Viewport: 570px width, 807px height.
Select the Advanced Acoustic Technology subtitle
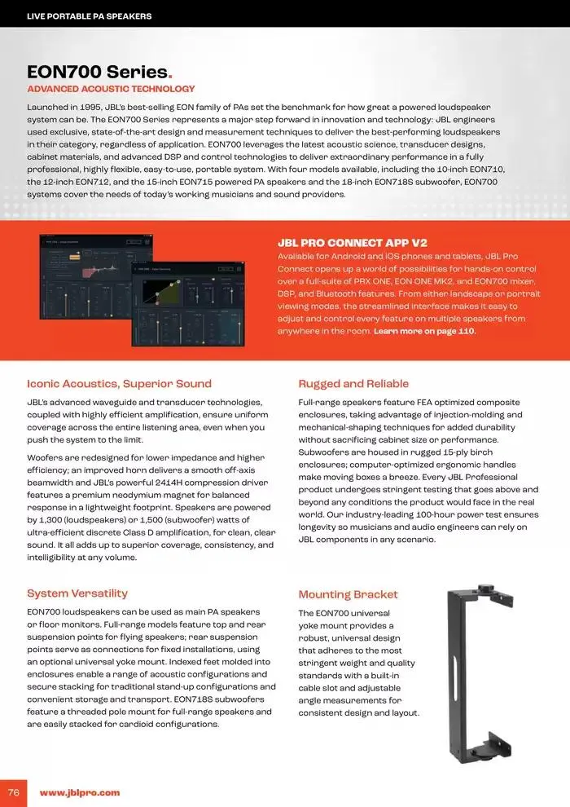pyautogui.click(x=111, y=89)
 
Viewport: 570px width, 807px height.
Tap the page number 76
pyautogui.click(x=14, y=792)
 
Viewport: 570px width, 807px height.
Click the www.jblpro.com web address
pyautogui.click(x=80, y=792)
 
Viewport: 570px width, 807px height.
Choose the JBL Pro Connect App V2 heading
pyautogui.click(x=352, y=243)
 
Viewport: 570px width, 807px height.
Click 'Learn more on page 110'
pyautogui.click(x=424, y=332)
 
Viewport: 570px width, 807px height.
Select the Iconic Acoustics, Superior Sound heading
pyautogui.click(x=119, y=384)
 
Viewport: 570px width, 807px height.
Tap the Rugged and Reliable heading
pyautogui.click(x=353, y=384)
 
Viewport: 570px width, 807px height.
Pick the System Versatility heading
pyautogui.click(x=77, y=593)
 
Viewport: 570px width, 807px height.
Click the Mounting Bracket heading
pyautogui.click(x=348, y=594)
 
